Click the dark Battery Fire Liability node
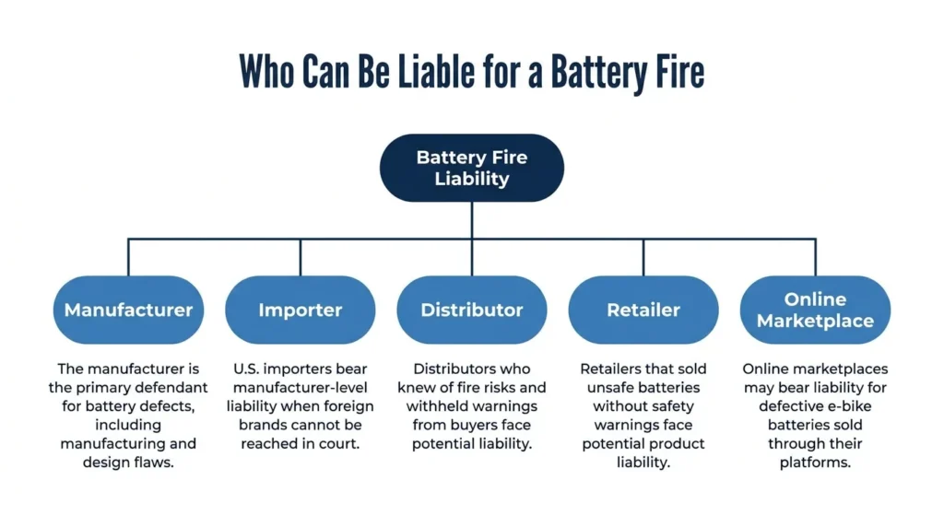pos(472,168)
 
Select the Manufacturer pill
pos(128,310)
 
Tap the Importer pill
pos(301,310)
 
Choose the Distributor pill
pos(472,310)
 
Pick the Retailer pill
pos(643,310)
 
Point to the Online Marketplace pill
pos(815,310)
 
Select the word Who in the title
pos(266,71)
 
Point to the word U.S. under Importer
pos(246,369)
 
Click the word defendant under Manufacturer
pos(172,388)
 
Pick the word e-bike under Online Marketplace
pos(851,406)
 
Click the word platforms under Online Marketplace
pos(815,463)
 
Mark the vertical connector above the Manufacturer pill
pos(128,257)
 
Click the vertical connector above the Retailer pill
pos(643,257)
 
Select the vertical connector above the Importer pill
pos(301,257)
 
